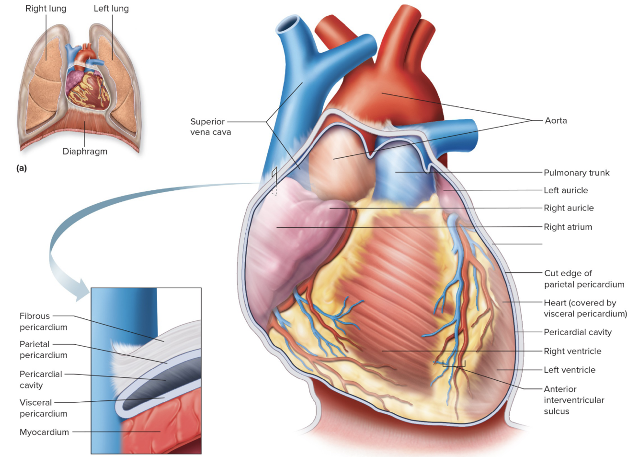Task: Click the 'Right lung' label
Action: (46, 9)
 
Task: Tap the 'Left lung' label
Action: (111, 9)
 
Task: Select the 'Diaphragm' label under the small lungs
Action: (85, 152)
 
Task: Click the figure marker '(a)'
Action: (22, 168)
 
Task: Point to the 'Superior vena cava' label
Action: (210, 127)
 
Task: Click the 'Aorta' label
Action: (556, 120)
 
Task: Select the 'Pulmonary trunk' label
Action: (576, 173)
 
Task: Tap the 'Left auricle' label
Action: (565, 190)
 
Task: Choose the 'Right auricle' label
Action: (569, 208)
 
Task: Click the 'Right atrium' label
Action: (568, 227)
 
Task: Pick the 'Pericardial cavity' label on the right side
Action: (577, 332)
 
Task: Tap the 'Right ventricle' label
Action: (572, 351)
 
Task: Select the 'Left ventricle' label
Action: (569, 370)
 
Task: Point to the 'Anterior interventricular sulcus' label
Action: (573, 400)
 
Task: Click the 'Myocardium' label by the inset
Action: (44, 432)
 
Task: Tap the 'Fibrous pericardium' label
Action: (43, 321)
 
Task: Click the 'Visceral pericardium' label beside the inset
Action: (43, 408)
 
